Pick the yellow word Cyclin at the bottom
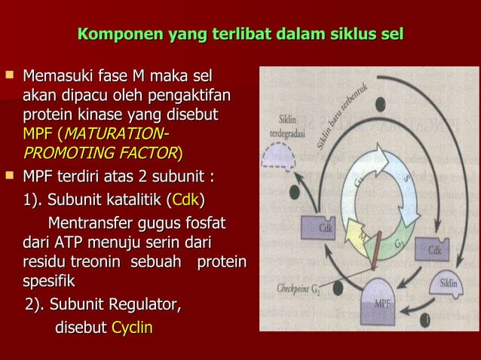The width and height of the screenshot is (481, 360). point(132,328)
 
